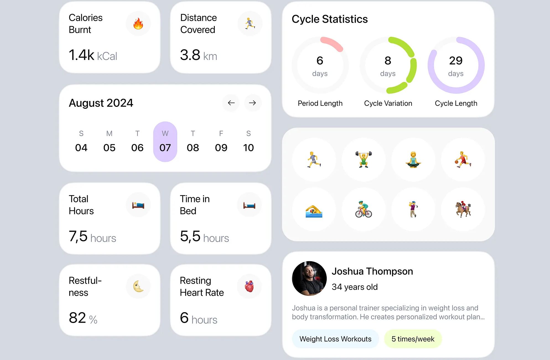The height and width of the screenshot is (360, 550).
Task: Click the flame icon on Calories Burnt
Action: [x=138, y=24]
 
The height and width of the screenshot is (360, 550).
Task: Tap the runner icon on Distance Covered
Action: [x=250, y=24]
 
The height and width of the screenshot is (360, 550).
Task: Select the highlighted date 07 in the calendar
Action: [x=165, y=147]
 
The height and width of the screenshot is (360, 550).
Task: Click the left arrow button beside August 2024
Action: [x=231, y=103]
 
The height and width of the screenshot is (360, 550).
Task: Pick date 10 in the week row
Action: [x=248, y=147]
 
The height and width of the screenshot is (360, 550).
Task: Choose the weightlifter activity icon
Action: [x=364, y=159]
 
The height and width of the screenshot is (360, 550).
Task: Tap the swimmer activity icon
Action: [x=314, y=209]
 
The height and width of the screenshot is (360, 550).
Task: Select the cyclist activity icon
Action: [x=364, y=209]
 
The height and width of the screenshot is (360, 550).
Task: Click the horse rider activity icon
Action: [x=463, y=209]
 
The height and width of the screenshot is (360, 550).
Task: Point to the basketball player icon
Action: [x=463, y=159]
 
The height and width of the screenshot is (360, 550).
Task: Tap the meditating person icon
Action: [x=413, y=159]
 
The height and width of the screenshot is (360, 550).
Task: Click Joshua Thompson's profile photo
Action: [x=309, y=278]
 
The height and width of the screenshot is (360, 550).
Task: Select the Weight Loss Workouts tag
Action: [x=335, y=339]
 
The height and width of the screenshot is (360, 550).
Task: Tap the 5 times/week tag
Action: [x=413, y=339]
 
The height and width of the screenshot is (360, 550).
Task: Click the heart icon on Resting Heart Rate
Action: [x=249, y=286]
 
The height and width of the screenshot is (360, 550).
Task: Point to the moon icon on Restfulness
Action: [x=138, y=286]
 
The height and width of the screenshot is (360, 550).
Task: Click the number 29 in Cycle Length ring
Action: [x=456, y=61]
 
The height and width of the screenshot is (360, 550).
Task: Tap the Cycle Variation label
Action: [x=388, y=103]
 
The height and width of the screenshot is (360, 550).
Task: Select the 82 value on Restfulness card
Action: [x=77, y=318]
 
